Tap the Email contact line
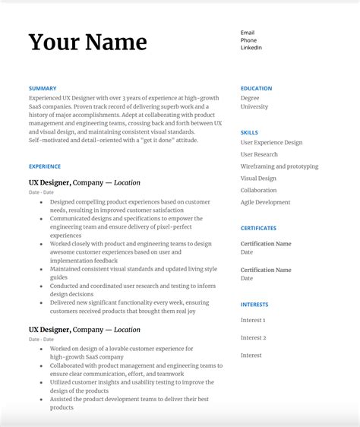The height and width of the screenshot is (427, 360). (x=248, y=33)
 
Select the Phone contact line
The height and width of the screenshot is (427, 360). (x=248, y=40)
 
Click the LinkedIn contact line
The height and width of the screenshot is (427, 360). (x=251, y=48)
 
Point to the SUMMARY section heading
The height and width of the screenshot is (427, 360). (x=43, y=88)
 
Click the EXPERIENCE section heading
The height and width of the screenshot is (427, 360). (x=45, y=166)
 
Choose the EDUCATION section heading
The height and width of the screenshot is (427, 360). (x=257, y=88)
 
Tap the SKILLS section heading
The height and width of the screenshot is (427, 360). (x=249, y=132)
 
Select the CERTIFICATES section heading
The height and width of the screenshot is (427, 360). (x=258, y=228)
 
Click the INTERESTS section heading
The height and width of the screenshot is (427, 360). (x=254, y=305)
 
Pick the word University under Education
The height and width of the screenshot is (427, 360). (x=254, y=107)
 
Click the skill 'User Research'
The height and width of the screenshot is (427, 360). (x=259, y=154)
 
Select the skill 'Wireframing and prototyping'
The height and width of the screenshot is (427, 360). (x=279, y=166)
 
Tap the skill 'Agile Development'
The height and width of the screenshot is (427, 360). (x=265, y=202)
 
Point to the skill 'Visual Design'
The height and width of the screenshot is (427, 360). (x=258, y=179)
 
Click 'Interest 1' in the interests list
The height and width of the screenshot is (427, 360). (x=253, y=321)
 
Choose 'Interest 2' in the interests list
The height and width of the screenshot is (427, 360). (x=253, y=337)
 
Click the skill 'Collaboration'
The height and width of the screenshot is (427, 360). (x=258, y=191)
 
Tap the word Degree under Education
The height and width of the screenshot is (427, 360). (x=250, y=98)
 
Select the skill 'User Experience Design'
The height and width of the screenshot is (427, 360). (x=271, y=143)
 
